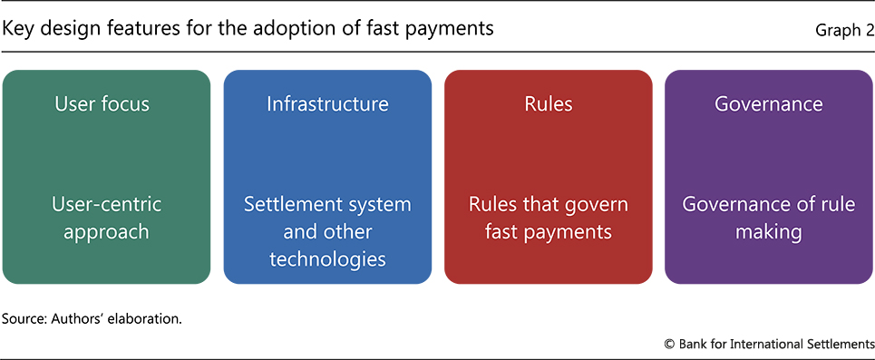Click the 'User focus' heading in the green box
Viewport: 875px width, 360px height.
102,104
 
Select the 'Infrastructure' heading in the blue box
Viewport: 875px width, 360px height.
327,104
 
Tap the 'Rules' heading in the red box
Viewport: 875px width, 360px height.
548,104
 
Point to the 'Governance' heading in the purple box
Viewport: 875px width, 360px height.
768,104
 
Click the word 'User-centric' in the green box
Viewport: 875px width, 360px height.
107,204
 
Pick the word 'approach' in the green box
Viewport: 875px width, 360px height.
106,231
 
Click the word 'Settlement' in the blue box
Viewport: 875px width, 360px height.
288,204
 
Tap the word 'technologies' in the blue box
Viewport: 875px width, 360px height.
327,259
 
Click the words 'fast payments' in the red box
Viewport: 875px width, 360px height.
549,231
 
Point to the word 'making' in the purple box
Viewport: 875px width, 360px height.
768,231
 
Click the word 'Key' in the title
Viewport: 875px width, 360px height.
16,28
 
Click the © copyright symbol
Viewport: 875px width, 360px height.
670,344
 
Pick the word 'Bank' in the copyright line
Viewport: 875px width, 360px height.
692,344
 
